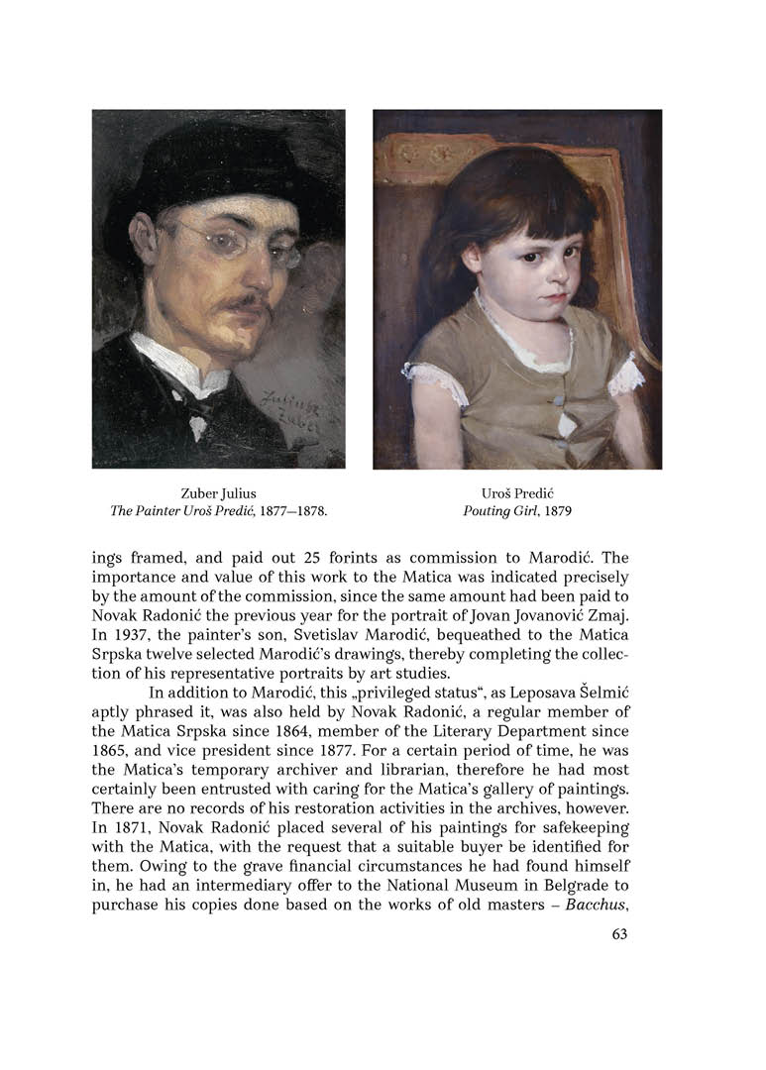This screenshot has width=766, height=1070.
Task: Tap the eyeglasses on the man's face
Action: (243, 243)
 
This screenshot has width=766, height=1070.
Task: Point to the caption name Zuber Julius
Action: (218, 493)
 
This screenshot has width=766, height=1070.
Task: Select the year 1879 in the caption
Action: (556, 512)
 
